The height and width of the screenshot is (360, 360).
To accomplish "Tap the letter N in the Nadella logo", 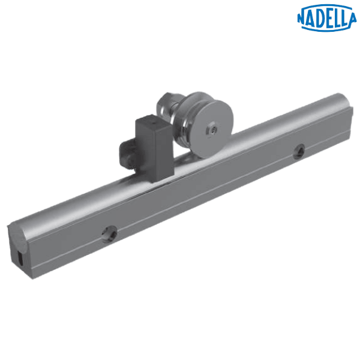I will coord(304,16).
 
